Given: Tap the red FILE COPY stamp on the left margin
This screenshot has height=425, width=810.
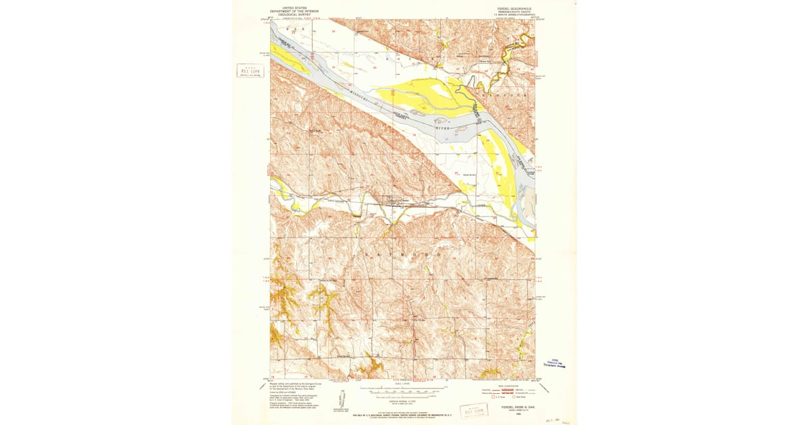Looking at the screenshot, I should click(250, 71).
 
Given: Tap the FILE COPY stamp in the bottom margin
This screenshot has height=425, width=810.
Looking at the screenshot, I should click(474, 410).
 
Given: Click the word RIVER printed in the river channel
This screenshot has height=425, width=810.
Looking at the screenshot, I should click(442, 127).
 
